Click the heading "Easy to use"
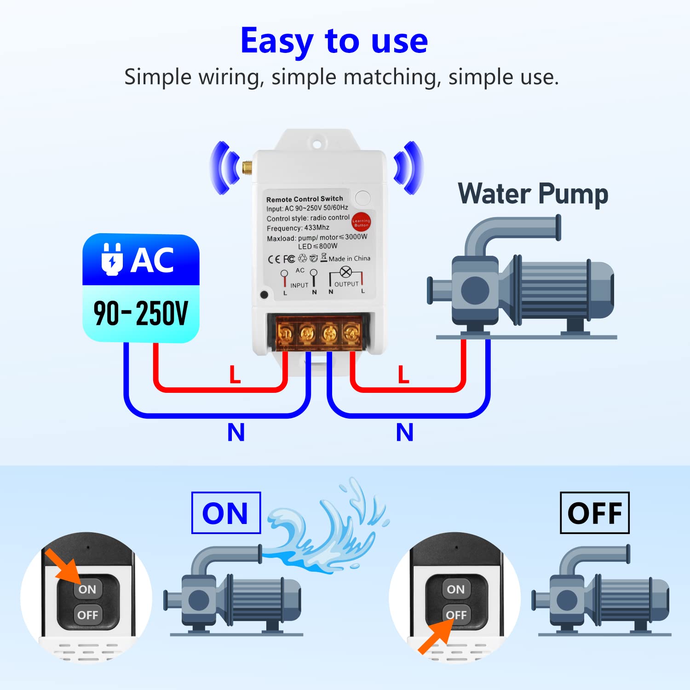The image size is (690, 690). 334,41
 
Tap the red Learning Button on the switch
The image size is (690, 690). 361,223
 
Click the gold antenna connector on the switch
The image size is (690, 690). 247,167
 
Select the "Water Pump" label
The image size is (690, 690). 533,194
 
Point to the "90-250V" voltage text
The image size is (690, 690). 141,314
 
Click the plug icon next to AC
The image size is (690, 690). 112,260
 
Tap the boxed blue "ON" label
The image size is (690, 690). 226,513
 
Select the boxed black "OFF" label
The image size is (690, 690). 594,513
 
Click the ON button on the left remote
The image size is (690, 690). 87,589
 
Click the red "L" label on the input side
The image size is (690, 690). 235,374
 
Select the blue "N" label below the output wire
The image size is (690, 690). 405,432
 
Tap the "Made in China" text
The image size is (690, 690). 349,259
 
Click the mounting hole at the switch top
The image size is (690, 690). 316,144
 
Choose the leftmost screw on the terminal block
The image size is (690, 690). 285,333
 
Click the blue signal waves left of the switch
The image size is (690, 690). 223,167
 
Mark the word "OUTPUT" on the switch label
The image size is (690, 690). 346,284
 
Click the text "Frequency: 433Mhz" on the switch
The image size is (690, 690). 298,228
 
